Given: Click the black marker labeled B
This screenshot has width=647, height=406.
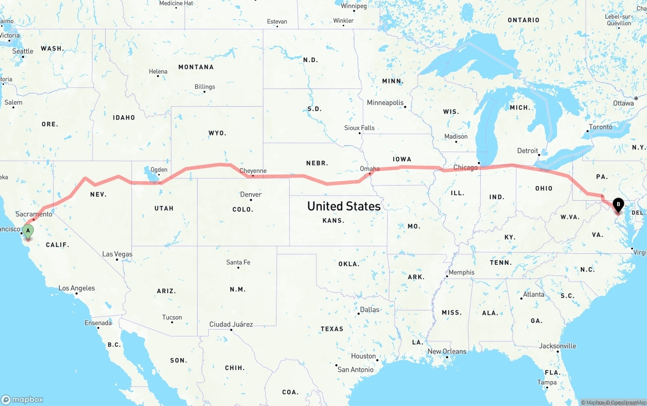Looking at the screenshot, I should [618, 205].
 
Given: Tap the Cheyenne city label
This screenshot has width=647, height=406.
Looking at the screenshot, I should [253, 171].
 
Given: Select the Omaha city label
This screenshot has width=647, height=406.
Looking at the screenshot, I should [369, 169].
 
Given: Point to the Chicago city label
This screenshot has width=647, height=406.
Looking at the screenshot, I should [465, 167].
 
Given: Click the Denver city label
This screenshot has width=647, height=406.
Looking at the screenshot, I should [251, 195].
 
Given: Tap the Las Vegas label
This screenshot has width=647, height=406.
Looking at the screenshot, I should [117, 254].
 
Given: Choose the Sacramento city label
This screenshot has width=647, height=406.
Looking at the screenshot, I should [34, 214].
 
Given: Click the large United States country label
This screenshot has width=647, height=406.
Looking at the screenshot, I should [344, 206].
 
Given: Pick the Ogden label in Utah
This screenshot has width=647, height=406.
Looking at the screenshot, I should [159, 170].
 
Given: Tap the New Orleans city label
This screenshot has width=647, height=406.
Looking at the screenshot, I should [447, 351].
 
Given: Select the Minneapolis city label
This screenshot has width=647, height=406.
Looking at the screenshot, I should [385, 103].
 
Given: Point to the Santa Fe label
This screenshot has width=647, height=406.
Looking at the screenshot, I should [238, 262].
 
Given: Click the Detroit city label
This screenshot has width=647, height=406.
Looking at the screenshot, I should [527, 151].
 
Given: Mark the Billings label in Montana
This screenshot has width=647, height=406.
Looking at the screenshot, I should [205, 87].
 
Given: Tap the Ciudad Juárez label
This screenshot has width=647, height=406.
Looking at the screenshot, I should [231, 324].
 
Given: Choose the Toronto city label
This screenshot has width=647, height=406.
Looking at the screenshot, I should [600, 127].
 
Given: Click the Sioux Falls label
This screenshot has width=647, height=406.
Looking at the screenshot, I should [359, 128].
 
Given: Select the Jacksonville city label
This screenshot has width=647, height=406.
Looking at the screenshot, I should [557, 346].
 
